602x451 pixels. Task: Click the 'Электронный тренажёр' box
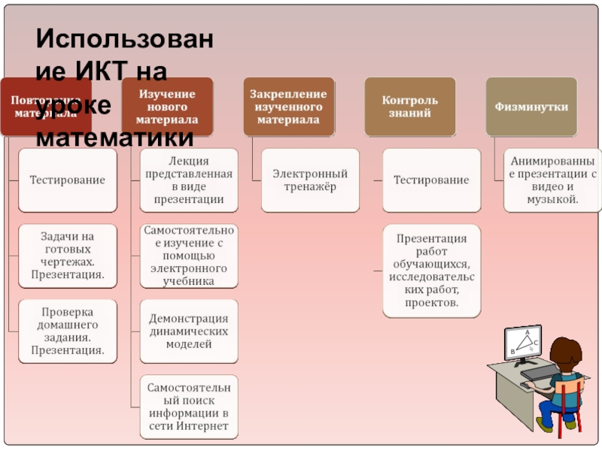click(310, 180)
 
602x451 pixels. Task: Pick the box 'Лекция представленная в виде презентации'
click(189, 180)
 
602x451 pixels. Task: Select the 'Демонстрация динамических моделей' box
click(189, 331)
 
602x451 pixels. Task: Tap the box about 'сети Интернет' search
click(189, 407)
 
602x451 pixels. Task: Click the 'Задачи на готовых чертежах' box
click(68, 256)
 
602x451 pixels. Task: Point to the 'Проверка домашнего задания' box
click(68, 331)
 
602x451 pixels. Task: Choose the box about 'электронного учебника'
click(189, 256)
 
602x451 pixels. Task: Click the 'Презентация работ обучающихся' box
click(431, 271)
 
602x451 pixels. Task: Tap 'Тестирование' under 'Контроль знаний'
click(431, 180)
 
